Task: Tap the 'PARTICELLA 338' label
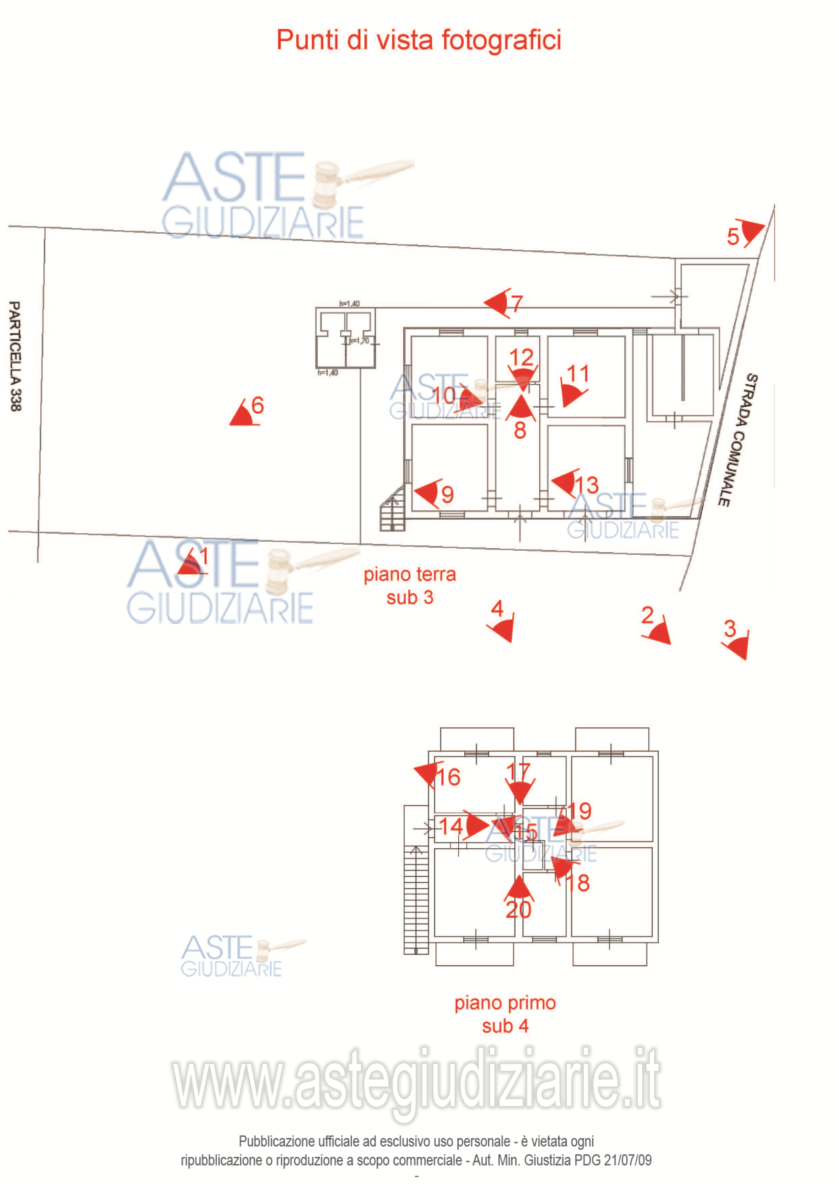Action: coord(16,356)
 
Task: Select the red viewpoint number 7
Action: coord(517,303)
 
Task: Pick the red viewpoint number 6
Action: coord(257,405)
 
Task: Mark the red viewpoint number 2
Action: coord(647,615)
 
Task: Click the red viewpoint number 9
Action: coord(447,495)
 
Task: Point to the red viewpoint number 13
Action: coord(586,485)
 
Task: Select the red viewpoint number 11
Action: coord(577,374)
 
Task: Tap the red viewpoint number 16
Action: coord(448,777)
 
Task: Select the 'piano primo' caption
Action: coord(505,1002)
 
